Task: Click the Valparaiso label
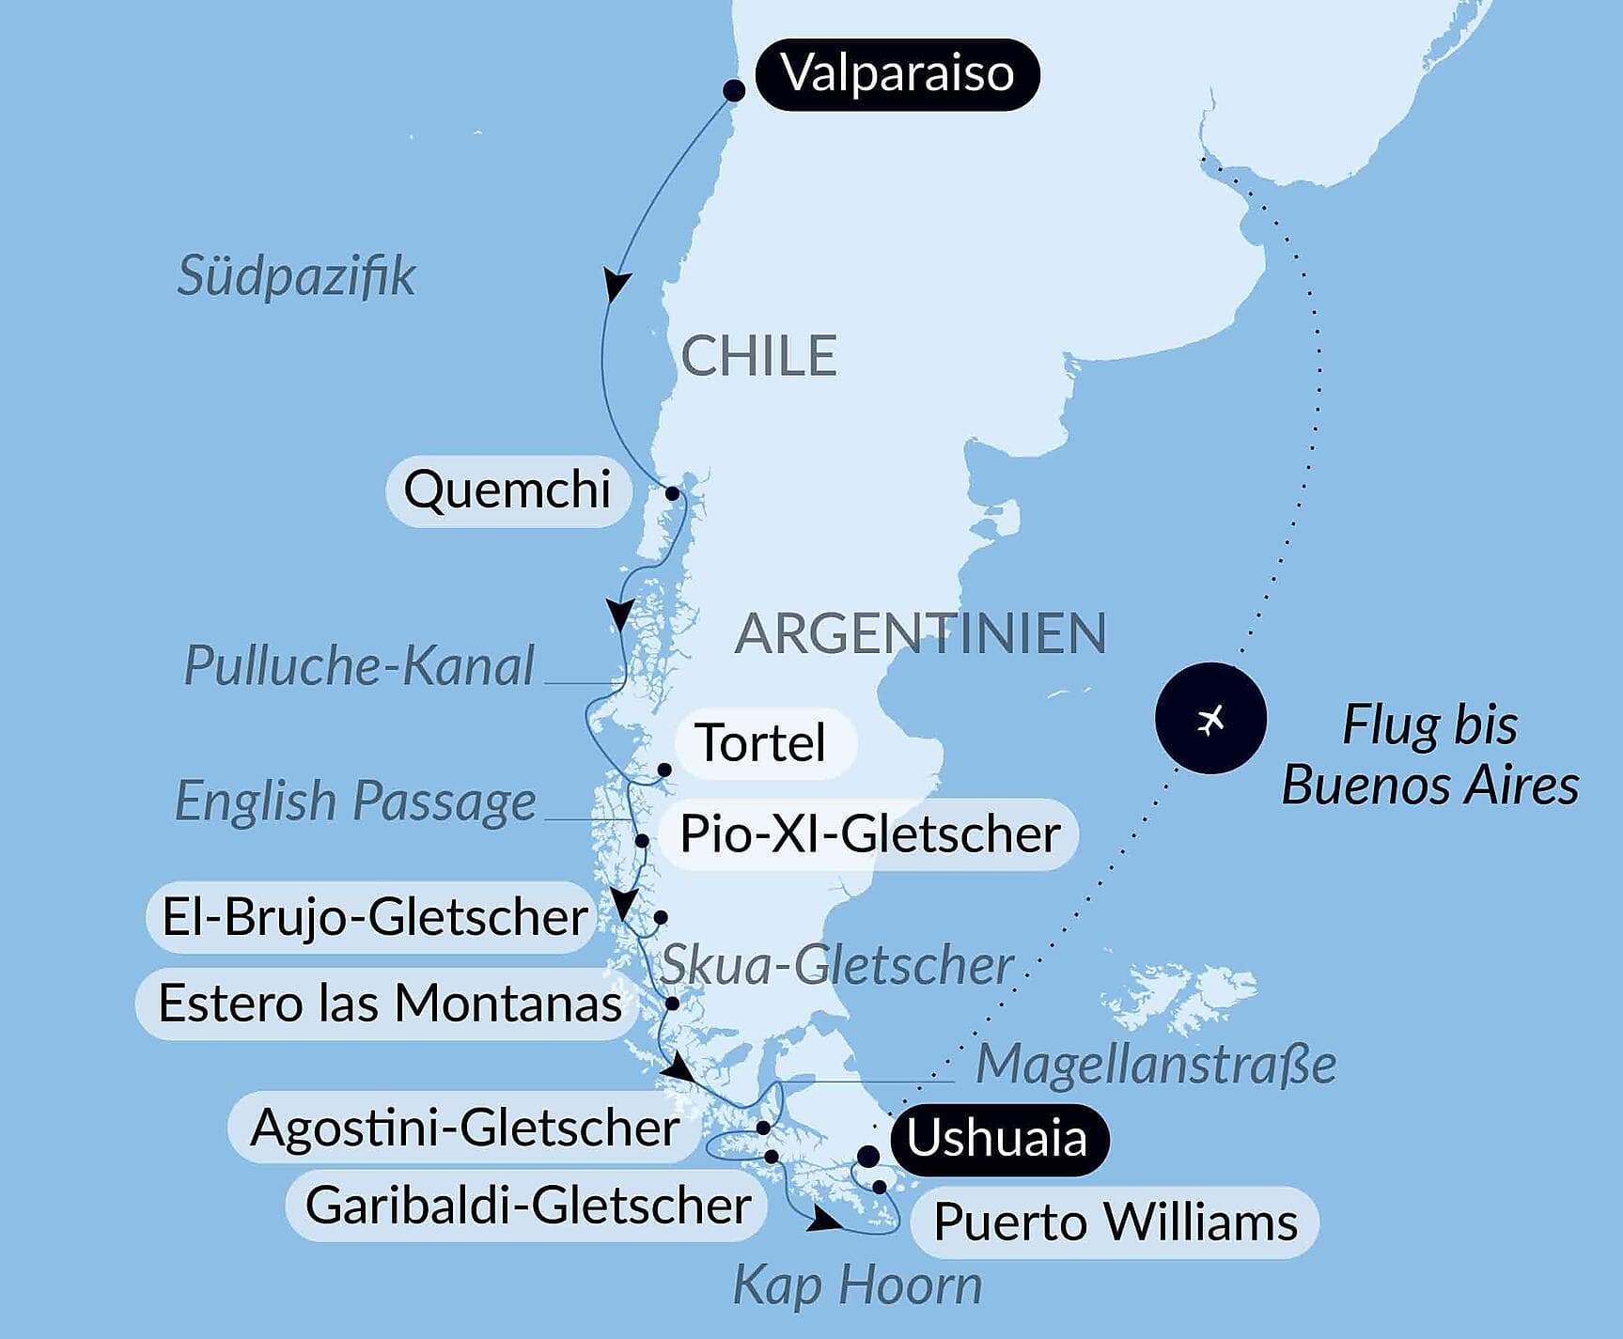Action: (x=897, y=74)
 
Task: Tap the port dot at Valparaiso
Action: (x=734, y=90)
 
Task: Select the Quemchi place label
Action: (x=507, y=490)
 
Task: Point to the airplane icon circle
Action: (x=1210, y=719)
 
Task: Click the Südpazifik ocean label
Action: (x=296, y=276)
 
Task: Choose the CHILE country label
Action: (x=758, y=356)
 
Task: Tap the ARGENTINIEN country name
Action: (x=920, y=633)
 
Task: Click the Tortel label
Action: (x=762, y=743)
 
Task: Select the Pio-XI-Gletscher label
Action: (x=869, y=834)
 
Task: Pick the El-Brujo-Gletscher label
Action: (x=374, y=917)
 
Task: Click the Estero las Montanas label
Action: (x=389, y=1004)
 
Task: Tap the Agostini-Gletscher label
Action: (x=464, y=1128)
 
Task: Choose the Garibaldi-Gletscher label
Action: (x=528, y=1206)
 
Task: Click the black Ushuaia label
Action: (x=997, y=1139)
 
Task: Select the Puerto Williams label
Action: (x=1116, y=1223)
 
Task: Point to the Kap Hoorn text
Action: (x=857, y=1285)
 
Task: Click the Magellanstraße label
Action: (x=1156, y=1066)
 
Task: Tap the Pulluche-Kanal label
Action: (x=359, y=666)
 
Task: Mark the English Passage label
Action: (x=355, y=802)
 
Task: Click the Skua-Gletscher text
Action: (x=836, y=966)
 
